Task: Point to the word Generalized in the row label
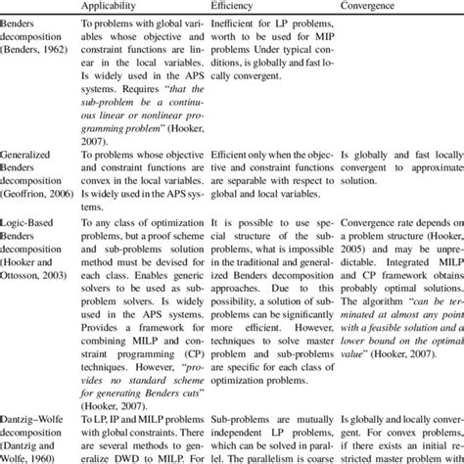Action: tap(30, 154)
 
